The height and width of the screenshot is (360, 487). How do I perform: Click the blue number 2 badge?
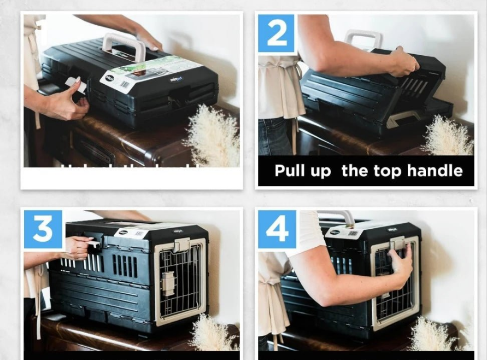277,33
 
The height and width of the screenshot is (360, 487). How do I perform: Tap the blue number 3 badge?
43,229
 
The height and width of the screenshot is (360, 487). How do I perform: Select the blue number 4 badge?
277,229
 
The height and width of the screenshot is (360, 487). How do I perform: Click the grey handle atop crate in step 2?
363,39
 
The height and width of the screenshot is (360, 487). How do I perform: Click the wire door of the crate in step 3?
180,282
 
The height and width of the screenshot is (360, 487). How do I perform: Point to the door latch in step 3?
168,284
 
